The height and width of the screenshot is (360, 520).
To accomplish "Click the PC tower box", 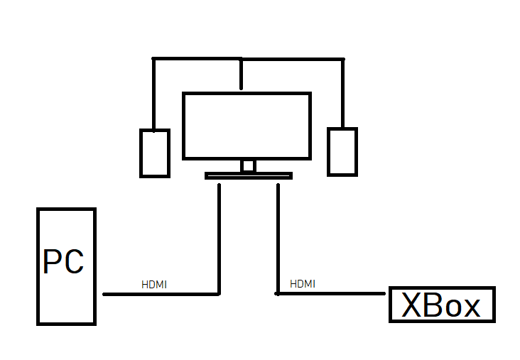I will [x=66, y=298].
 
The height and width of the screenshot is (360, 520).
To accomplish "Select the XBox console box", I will [x=441, y=305].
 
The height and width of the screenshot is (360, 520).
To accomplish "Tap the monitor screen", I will [x=247, y=126].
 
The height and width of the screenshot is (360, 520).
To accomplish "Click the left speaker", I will [x=154, y=152].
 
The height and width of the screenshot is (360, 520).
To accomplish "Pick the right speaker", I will [x=342, y=151].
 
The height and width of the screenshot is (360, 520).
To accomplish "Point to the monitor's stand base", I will [x=248, y=175].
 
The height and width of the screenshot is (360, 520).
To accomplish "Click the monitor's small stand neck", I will [x=248, y=165].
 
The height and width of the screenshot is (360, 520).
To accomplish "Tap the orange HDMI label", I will [x=154, y=285].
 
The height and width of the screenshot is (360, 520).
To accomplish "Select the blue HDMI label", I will [x=303, y=284].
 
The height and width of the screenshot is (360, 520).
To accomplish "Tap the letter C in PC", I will [x=73, y=261].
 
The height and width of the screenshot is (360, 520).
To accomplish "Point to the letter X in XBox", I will [x=412, y=305].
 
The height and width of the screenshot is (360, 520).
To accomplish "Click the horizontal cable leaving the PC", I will [x=160, y=293].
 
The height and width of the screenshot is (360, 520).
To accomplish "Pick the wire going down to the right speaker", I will [x=342, y=92].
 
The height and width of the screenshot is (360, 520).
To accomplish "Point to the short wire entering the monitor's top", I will [x=242, y=75].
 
